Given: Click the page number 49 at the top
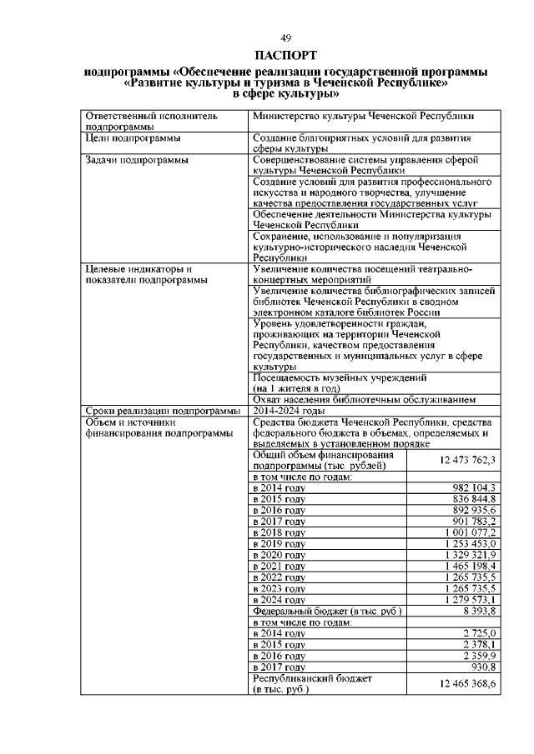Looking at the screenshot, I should (285, 38).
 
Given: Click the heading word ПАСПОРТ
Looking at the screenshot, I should (285, 56).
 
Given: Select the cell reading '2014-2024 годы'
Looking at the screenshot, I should (289, 411).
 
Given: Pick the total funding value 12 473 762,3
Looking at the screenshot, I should (467, 461).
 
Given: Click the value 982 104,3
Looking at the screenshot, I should (474, 487).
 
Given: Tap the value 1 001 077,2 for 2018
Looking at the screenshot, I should (471, 532).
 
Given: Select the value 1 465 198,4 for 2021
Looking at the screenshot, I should (471, 567).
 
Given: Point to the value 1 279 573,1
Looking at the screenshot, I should (471, 600).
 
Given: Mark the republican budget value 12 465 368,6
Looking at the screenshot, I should (467, 684).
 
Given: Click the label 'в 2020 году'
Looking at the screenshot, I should (279, 555).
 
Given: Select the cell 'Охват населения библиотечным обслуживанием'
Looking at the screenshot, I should (364, 399).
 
